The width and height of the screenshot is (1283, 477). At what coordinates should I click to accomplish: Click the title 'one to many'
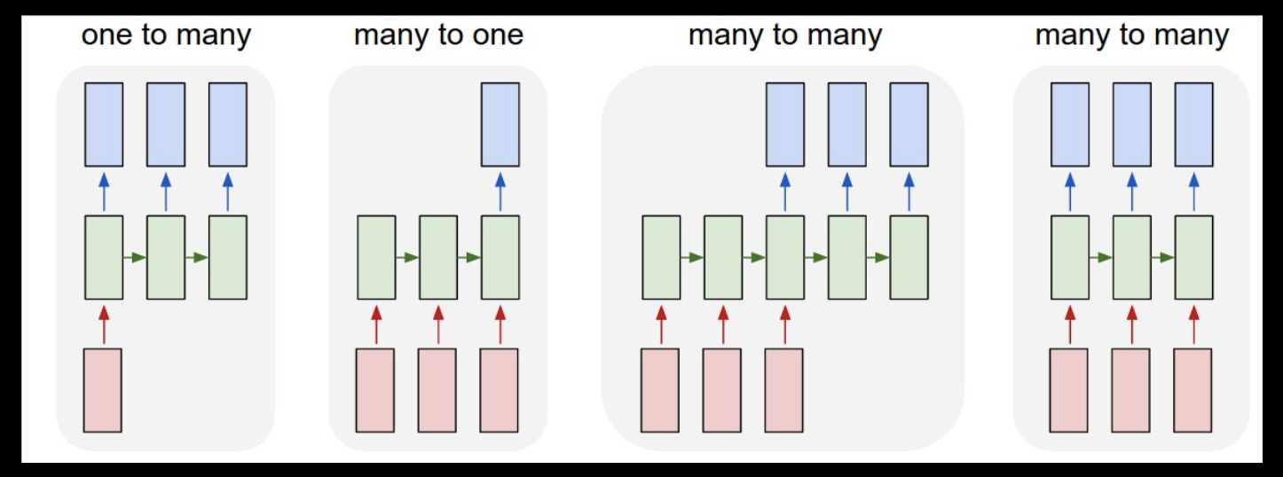[166, 36]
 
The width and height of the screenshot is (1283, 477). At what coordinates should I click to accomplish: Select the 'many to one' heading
[438, 36]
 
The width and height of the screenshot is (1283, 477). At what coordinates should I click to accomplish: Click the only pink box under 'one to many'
[103, 390]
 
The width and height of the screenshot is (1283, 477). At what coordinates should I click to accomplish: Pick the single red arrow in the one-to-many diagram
[104, 324]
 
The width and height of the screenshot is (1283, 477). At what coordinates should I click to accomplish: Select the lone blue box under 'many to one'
[500, 124]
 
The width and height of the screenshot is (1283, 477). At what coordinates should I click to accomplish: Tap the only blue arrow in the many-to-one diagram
[500, 191]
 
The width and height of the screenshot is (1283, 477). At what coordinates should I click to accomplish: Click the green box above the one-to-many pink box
[104, 257]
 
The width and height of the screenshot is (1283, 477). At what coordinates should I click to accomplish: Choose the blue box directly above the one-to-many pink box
[104, 124]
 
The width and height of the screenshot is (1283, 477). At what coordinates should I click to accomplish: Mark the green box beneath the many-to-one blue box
[500, 257]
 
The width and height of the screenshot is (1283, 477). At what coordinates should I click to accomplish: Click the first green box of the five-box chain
[662, 257]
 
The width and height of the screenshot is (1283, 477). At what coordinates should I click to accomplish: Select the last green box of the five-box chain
[909, 257]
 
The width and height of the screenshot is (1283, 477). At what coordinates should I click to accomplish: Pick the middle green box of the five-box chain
[785, 257]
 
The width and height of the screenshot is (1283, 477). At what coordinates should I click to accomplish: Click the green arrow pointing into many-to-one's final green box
[469, 257]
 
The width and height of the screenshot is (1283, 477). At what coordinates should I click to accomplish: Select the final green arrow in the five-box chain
[878, 257]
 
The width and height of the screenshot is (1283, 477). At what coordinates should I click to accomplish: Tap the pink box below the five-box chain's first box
[660, 390]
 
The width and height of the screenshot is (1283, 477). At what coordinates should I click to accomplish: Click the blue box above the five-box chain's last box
[909, 124]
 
